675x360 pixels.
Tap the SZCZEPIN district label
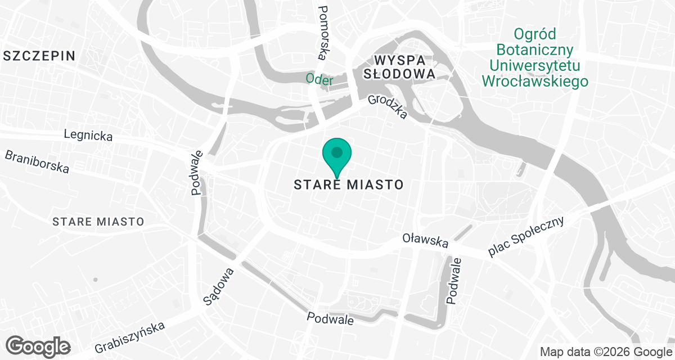click(x=39, y=55)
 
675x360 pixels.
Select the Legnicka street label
click(x=88, y=136)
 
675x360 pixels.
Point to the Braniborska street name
click(x=37, y=161)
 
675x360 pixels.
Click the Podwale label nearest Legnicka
click(x=197, y=172)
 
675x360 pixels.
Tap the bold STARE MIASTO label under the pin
click(x=349, y=184)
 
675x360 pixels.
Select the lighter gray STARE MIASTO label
click(x=98, y=222)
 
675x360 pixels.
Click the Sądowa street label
click(x=218, y=286)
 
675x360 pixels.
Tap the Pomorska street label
click(x=323, y=33)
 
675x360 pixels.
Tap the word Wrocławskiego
click(x=535, y=81)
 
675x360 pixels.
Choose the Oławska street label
click(x=425, y=241)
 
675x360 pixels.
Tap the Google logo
click(x=38, y=346)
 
